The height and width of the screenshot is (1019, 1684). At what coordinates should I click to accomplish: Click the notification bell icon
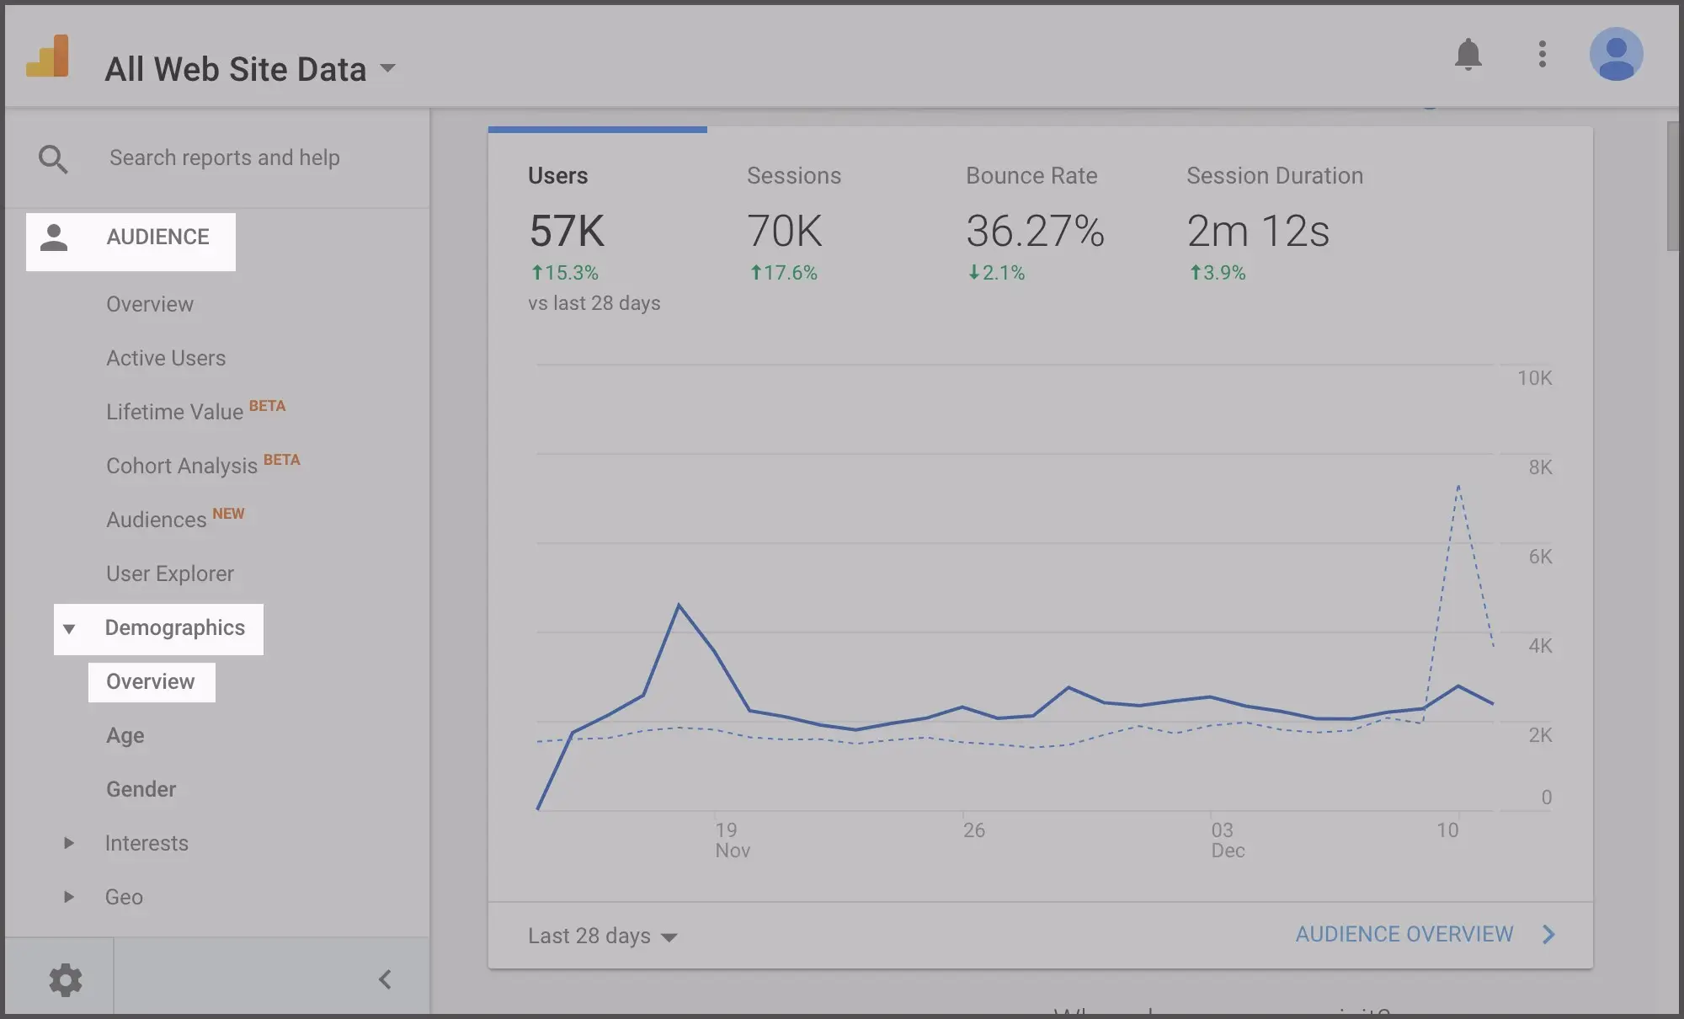tap(1468, 55)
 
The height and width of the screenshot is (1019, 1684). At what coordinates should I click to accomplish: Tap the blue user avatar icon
tap(1616, 55)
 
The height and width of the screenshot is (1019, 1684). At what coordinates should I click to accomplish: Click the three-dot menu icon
tap(1542, 55)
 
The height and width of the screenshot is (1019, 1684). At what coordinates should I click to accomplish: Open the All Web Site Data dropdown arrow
tap(387, 68)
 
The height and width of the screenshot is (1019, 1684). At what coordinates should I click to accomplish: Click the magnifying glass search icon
tap(53, 158)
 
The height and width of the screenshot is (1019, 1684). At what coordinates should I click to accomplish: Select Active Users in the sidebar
tap(166, 358)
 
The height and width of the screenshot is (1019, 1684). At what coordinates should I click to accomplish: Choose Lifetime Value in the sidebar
tap(174, 412)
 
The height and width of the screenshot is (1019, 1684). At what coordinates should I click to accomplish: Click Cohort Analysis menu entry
tap(182, 466)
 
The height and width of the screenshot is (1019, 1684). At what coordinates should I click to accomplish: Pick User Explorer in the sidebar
tap(170, 574)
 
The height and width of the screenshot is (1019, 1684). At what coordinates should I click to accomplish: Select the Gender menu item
tap(141, 789)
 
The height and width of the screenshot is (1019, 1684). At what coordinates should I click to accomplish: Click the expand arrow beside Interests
tap(69, 843)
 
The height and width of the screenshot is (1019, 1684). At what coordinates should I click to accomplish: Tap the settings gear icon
tap(65, 979)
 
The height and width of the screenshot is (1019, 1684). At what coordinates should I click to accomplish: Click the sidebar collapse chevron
tap(385, 979)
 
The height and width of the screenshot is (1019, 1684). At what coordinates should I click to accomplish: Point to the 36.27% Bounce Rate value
tap(1035, 231)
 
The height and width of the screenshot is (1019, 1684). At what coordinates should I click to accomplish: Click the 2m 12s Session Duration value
tap(1258, 231)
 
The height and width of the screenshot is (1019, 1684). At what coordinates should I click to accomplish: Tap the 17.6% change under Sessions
tap(784, 273)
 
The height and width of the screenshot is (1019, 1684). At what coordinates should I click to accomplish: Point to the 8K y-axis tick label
tap(1540, 467)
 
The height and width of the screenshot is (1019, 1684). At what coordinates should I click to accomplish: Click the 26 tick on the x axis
tap(974, 830)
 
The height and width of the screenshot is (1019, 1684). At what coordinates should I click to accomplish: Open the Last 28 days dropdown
tap(602, 936)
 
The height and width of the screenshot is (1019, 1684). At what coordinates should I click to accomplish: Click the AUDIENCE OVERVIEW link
tap(1404, 934)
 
